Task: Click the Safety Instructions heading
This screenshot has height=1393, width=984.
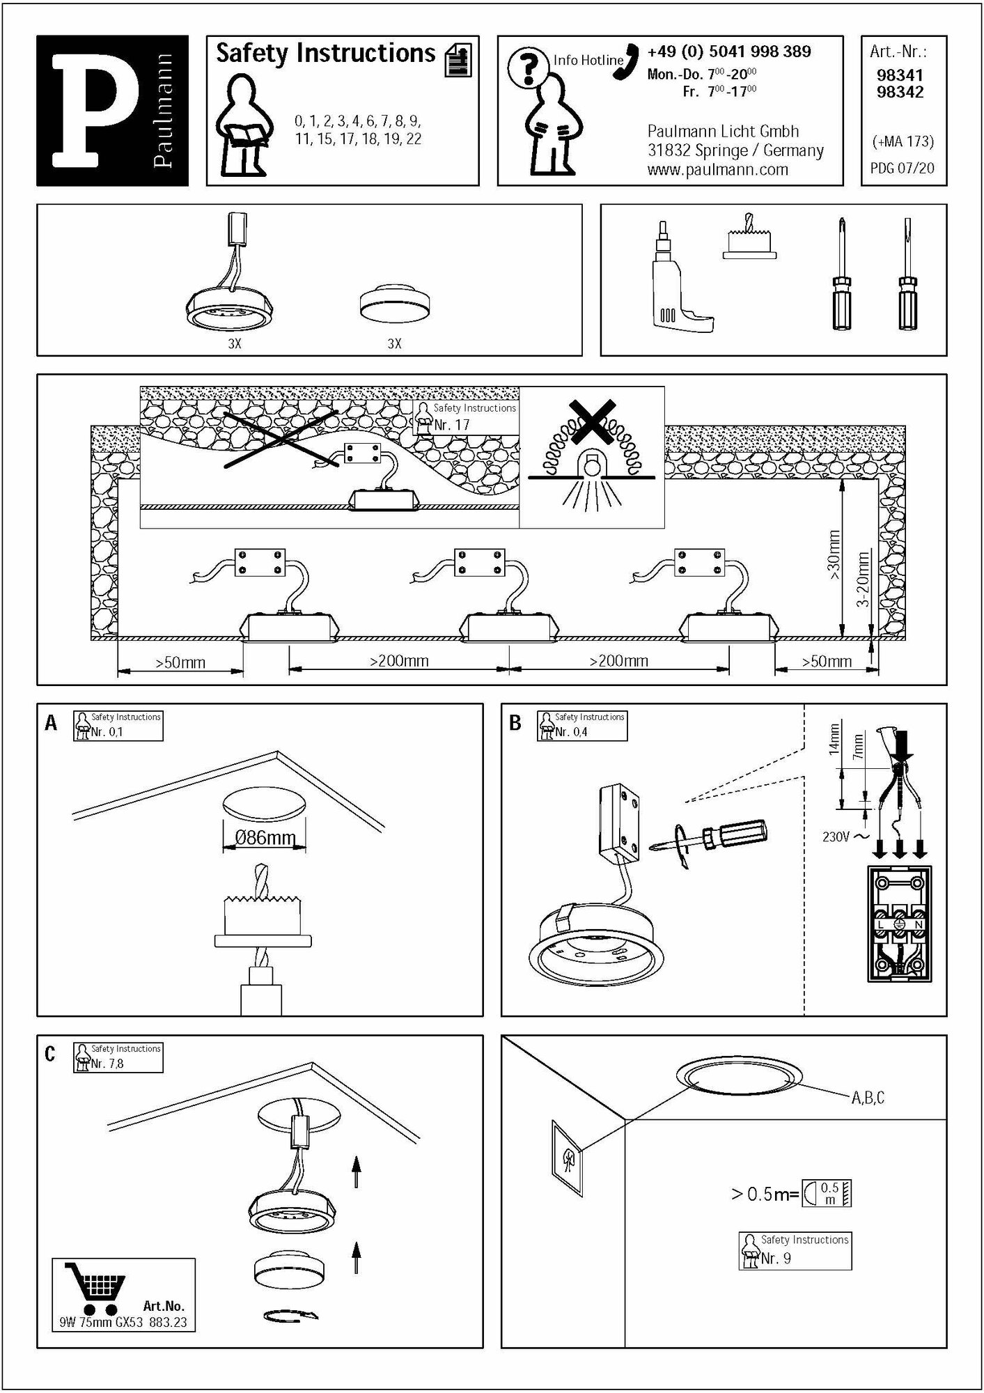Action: click(x=325, y=54)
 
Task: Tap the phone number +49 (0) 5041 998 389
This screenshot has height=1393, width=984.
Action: click(x=728, y=52)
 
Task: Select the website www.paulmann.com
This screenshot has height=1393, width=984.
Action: click(x=717, y=169)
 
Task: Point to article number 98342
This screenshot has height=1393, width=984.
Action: click(x=900, y=93)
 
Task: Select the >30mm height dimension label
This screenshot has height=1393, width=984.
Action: click(x=834, y=554)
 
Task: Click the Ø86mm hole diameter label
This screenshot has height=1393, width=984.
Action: click(x=265, y=837)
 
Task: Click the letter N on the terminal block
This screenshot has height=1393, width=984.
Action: click(x=919, y=924)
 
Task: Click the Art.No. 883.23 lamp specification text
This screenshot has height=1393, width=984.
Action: click(x=123, y=1322)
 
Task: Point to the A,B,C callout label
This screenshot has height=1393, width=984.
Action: click(x=868, y=1098)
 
